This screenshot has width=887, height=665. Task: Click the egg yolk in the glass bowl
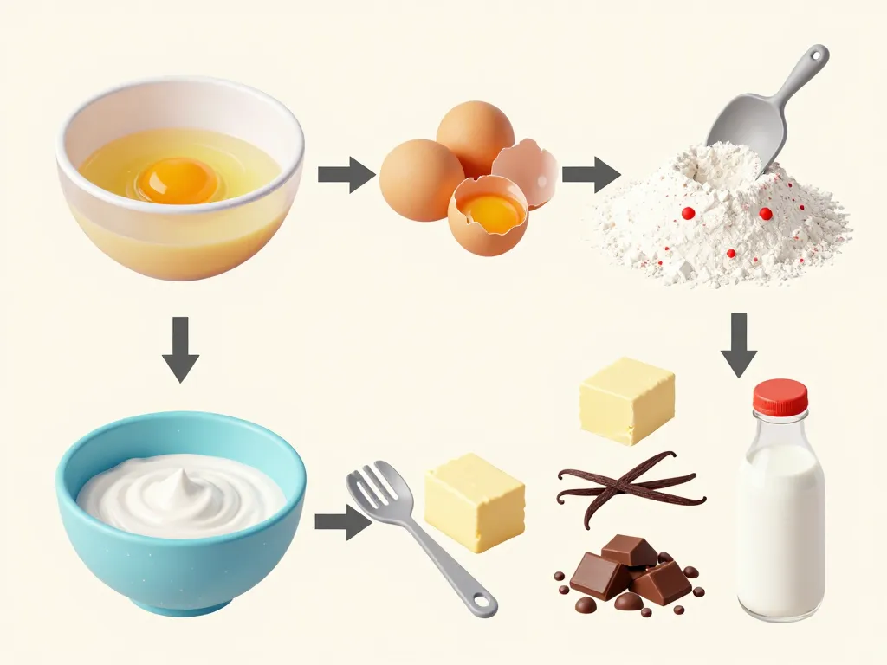coord(178,180)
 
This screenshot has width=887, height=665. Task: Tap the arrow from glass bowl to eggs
coord(345,174)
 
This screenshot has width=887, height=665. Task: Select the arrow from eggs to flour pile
coord(590,174)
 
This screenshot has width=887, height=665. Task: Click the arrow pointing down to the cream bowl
coord(181,349)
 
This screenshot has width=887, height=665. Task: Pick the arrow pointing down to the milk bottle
coord(739,345)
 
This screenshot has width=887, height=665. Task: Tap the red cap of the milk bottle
coord(780,397)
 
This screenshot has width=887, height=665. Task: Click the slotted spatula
coord(408,527)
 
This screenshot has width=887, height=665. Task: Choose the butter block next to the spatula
coord(475,501)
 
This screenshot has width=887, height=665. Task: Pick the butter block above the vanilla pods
coord(626,399)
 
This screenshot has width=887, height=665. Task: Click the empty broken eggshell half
coord(527,171)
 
